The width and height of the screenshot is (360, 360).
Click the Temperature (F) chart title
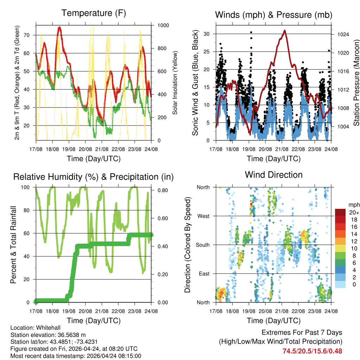coord(94,13)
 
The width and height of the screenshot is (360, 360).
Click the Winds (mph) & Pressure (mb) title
coord(274,15)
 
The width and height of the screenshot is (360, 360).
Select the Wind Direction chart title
coord(274,174)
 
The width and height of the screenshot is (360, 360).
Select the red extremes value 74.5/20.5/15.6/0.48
coord(312,351)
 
